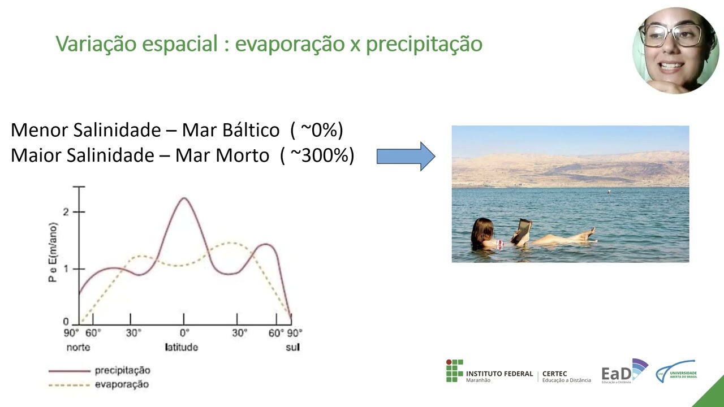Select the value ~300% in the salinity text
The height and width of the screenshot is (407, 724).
point(322,155)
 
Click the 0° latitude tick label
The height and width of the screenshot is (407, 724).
point(184,333)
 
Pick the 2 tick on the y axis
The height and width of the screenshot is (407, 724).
point(66,212)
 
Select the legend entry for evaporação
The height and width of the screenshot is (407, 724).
point(121,384)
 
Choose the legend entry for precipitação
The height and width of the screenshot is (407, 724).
point(122,371)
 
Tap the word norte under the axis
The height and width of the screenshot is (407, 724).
point(78,347)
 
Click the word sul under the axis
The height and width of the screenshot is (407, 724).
point(292,347)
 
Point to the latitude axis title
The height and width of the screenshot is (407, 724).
point(181,347)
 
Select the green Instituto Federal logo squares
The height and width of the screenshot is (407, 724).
point(454,371)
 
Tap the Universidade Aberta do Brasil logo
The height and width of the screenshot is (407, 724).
point(676,372)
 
